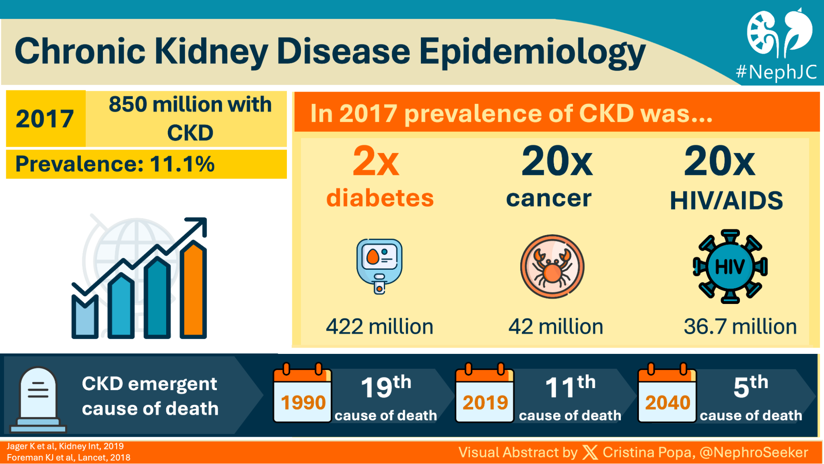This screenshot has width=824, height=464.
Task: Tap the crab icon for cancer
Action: coord(552,266)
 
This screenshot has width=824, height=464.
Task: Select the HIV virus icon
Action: coord(730,266)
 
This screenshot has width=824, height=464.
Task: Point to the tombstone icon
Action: coord(38,398)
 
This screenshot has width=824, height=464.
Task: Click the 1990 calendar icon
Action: coord(303,396)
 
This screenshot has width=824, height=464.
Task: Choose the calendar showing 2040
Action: coord(667,396)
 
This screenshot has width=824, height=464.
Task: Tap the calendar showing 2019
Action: coord(485,396)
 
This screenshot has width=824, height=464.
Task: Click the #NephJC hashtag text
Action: coord(776,72)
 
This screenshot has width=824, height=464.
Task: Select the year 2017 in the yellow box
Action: coord(45,119)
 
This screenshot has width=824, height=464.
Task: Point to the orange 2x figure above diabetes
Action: coord(376,161)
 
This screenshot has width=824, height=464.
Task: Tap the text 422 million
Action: coord(379,327)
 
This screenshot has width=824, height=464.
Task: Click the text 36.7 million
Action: coord(740,327)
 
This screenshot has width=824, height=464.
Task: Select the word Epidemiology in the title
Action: coord(532,52)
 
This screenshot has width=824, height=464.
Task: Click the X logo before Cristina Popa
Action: coord(590,452)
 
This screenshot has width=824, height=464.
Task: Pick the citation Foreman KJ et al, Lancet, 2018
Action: coord(68,457)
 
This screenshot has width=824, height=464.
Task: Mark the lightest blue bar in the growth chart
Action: coord(85,318)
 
